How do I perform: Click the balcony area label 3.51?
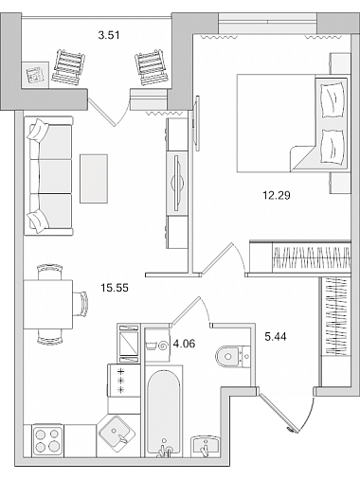[x=109, y=35]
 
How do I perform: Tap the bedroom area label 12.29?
[x=277, y=196]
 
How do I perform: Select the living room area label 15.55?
[x=115, y=288]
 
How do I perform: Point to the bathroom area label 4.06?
[x=184, y=344]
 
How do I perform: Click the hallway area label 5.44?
[x=276, y=337]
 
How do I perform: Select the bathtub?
[x=164, y=412]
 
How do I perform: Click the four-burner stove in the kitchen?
[x=47, y=440]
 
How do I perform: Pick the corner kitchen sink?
[x=115, y=431]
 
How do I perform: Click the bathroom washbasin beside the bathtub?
[x=206, y=446]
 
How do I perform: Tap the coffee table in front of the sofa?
[x=94, y=179]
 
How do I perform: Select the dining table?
[x=48, y=304]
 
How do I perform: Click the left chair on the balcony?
[x=68, y=67]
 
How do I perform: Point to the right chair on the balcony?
[x=152, y=67]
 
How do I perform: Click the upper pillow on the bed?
[x=332, y=99]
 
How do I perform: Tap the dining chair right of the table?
[x=81, y=304]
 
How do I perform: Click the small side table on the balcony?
[x=35, y=75]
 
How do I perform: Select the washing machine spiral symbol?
[x=163, y=346]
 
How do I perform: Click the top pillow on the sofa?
[x=38, y=130]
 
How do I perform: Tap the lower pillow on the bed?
[x=332, y=147]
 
